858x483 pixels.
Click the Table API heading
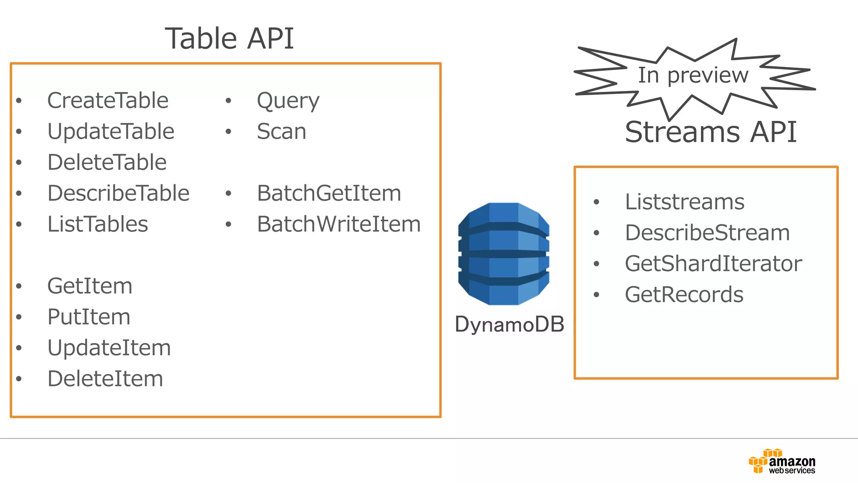(x=229, y=39)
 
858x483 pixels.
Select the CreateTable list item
(x=108, y=101)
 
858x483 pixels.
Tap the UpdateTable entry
(x=111, y=132)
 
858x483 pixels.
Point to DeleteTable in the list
(x=107, y=162)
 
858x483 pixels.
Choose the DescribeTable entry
(x=118, y=193)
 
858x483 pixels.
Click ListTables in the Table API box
(x=98, y=224)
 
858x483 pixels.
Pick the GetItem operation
(x=90, y=286)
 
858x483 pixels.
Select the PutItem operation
(x=88, y=317)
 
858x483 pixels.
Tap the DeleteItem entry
(x=105, y=379)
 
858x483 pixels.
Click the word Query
(x=288, y=101)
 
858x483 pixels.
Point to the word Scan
(x=281, y=132)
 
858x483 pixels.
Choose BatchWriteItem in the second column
(x=339, y=224)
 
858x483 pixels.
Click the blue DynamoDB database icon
(x=504, y=254)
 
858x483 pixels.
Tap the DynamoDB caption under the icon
(x=509, y=325)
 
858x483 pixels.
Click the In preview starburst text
(x=693, y=75)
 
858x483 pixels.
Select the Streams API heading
(x=711, y=132)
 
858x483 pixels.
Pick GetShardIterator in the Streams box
(x=713, y=264)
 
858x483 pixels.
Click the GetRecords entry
(x=684, y=295)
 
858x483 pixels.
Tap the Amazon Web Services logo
(x=782, y=462)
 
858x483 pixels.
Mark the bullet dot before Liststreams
(x=597, y=202)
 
